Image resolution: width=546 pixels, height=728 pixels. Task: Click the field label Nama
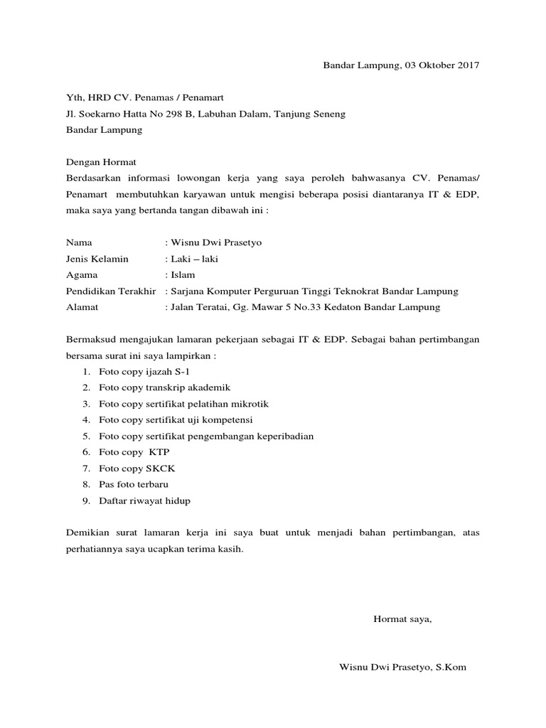[x=78, y=242]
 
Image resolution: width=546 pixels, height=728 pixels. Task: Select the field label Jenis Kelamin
[x=97, y=259]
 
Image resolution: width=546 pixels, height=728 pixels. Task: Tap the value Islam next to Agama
[x=182, y=275]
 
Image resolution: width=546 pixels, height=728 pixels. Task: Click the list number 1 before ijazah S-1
[x=85, y=371]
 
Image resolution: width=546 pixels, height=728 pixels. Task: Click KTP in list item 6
[x=159, y=452]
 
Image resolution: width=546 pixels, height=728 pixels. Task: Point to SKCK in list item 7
[x=160, y=469]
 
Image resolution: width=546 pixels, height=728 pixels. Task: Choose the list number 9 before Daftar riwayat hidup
[x=85, y=500]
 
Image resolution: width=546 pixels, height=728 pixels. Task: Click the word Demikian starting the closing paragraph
[x=87, y=532]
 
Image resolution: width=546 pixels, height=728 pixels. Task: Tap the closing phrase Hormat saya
[x=402, y=619]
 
